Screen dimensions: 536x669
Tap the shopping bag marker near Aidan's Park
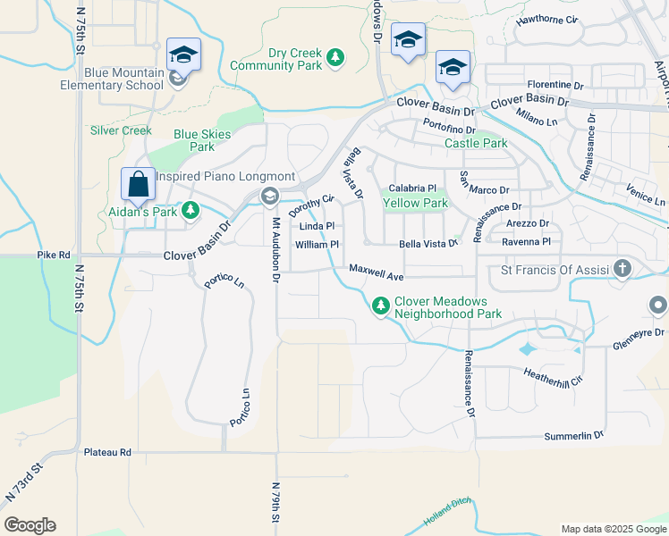click(139, 185)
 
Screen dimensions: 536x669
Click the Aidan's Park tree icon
click(190, 210)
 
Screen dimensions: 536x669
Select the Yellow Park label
click(415, 204)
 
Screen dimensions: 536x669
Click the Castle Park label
click(476, 143)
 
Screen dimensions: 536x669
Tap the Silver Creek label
click(121, 130)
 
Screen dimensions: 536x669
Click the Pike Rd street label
click(53, 255)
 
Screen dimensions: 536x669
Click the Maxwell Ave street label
click(377, 268)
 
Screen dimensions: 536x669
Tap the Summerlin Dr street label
click(574, 436)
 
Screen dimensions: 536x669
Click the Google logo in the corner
click(30, 525)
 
